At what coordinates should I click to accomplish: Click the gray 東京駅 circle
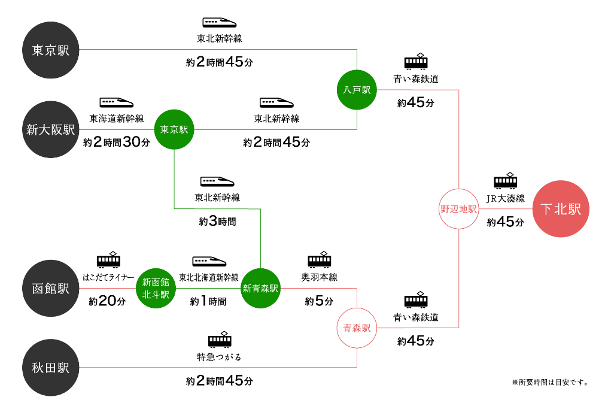(51, 50)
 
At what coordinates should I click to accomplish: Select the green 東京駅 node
(174, 129)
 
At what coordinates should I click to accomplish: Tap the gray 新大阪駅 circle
(51, 129)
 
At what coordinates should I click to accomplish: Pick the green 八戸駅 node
(357, 90)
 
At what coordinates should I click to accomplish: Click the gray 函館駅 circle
(51, 288)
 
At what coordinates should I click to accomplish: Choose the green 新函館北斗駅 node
(156, 288)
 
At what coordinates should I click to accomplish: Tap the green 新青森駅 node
(260, 288)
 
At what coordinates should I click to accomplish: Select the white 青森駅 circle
(357, 328)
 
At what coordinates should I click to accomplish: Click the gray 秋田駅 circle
(51, 368)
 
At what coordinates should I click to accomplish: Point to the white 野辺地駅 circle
(459, 209)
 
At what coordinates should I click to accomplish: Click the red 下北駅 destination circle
(561, 209)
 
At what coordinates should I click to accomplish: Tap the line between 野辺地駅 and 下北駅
(506, 209)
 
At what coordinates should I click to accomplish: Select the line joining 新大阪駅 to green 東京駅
(117, 129)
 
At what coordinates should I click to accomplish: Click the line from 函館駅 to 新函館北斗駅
(108, 288)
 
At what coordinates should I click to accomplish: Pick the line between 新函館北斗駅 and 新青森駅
(208, 288)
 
